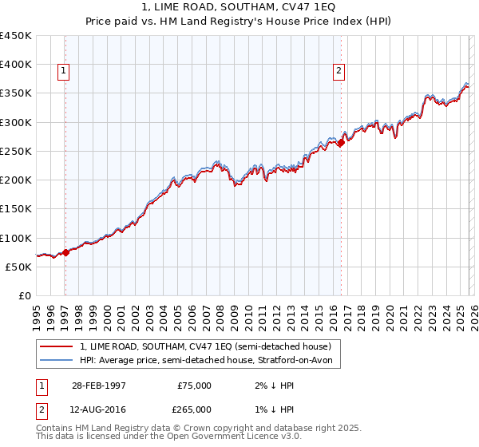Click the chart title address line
(x=239, y=7)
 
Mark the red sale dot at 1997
(x=65, y=252)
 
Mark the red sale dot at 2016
(x=341, y=143)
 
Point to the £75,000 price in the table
(x=194, y=386)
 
